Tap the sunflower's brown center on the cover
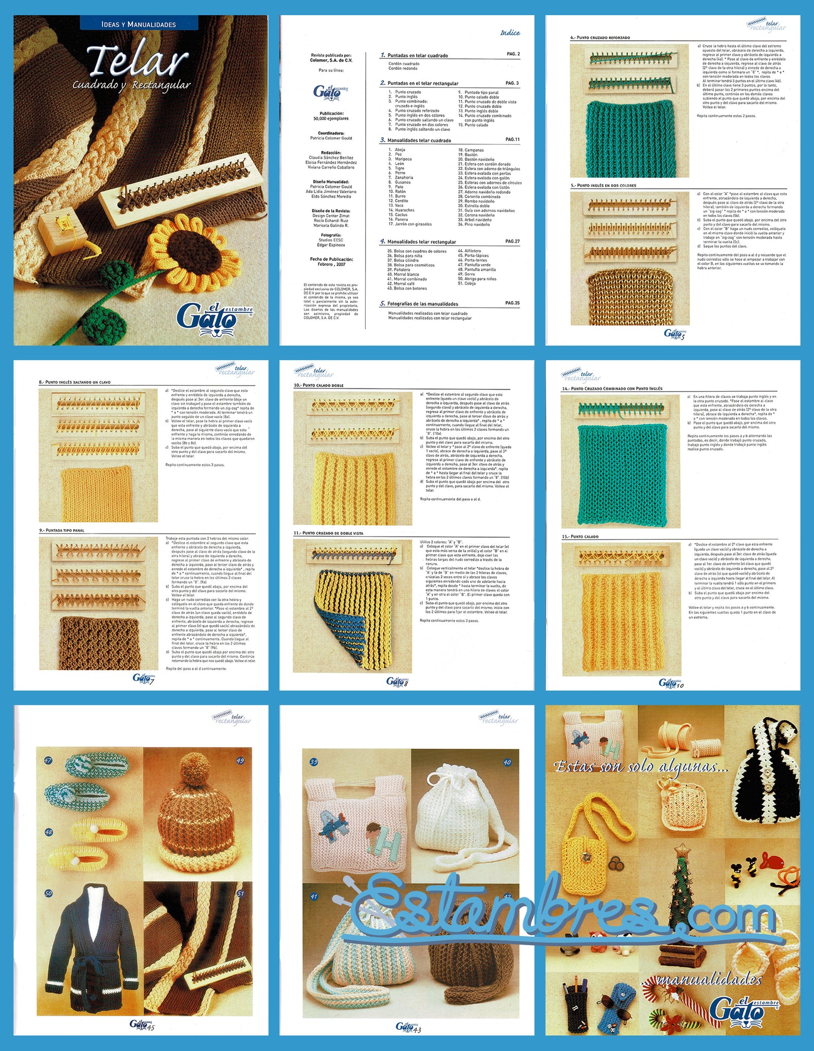coord(195,254)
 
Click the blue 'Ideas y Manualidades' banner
coord(139,24)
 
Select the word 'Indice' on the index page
coord(510,33)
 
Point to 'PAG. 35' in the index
coord(512,303)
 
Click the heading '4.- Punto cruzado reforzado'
coord(600,38)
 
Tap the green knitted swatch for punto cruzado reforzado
coord(629,138)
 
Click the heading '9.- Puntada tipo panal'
coord(62,530)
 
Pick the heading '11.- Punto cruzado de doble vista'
coord(329,533)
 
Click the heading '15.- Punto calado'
coord(580,537)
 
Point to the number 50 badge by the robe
coord(48,893)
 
